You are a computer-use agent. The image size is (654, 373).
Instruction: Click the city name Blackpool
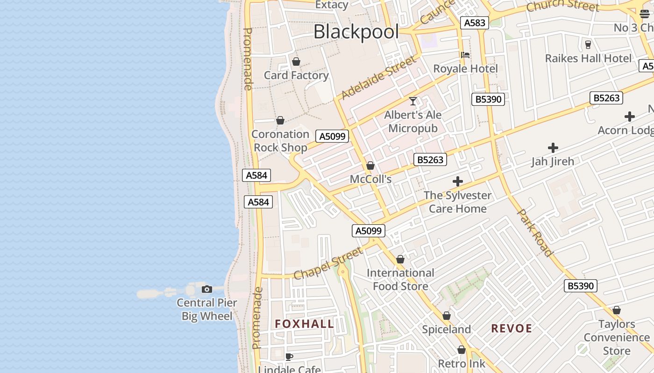point(356,32)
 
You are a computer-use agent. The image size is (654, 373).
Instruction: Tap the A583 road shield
point(474,23)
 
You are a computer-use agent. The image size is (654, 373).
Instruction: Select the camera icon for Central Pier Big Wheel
point(207,290)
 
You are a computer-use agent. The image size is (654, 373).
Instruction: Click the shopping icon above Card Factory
point(296,62)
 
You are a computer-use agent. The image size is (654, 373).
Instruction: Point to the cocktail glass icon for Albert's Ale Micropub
point(413,101)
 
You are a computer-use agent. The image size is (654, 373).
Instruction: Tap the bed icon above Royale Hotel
point(465,55)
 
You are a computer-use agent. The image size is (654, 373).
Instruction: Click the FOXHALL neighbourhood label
point(304,324)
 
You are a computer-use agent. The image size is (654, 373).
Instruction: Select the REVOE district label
point(512,329)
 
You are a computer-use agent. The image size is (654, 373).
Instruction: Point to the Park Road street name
point(535,233)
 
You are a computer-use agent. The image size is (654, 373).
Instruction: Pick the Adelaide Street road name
point(378,78)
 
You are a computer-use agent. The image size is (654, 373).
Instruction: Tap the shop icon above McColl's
point(370,166)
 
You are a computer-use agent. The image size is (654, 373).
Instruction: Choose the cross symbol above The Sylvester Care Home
point(458,181)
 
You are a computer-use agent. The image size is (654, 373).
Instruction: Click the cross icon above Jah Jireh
point(553,148)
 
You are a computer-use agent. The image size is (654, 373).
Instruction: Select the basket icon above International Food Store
point(400,259)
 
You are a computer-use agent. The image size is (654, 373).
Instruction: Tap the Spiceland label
point(447,330)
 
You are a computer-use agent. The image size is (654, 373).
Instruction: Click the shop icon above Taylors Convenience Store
point(617,310)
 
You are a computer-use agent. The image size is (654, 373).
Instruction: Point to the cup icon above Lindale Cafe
point(289,357)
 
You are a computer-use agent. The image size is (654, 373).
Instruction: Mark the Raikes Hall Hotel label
point(588,59)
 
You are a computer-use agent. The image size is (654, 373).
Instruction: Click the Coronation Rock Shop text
point(280,141)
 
